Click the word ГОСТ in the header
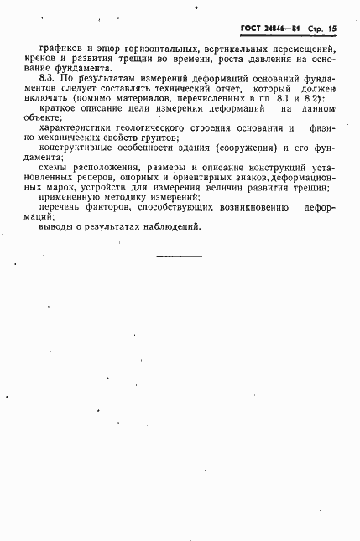point(253,28)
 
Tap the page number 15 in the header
point(333,28)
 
